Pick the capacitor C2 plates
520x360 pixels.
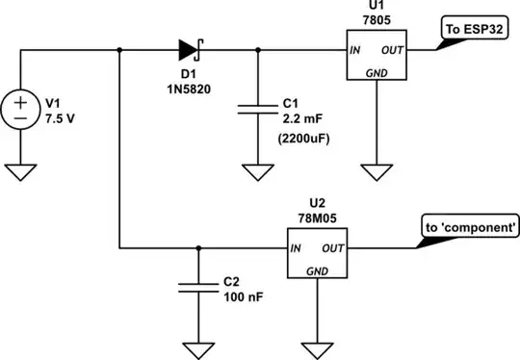198,286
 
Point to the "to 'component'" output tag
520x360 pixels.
469,228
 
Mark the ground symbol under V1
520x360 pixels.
19,172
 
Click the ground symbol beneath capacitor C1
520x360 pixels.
258,172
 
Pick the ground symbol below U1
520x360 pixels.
377,172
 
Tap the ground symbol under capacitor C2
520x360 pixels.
198,347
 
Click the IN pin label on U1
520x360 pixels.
355,49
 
